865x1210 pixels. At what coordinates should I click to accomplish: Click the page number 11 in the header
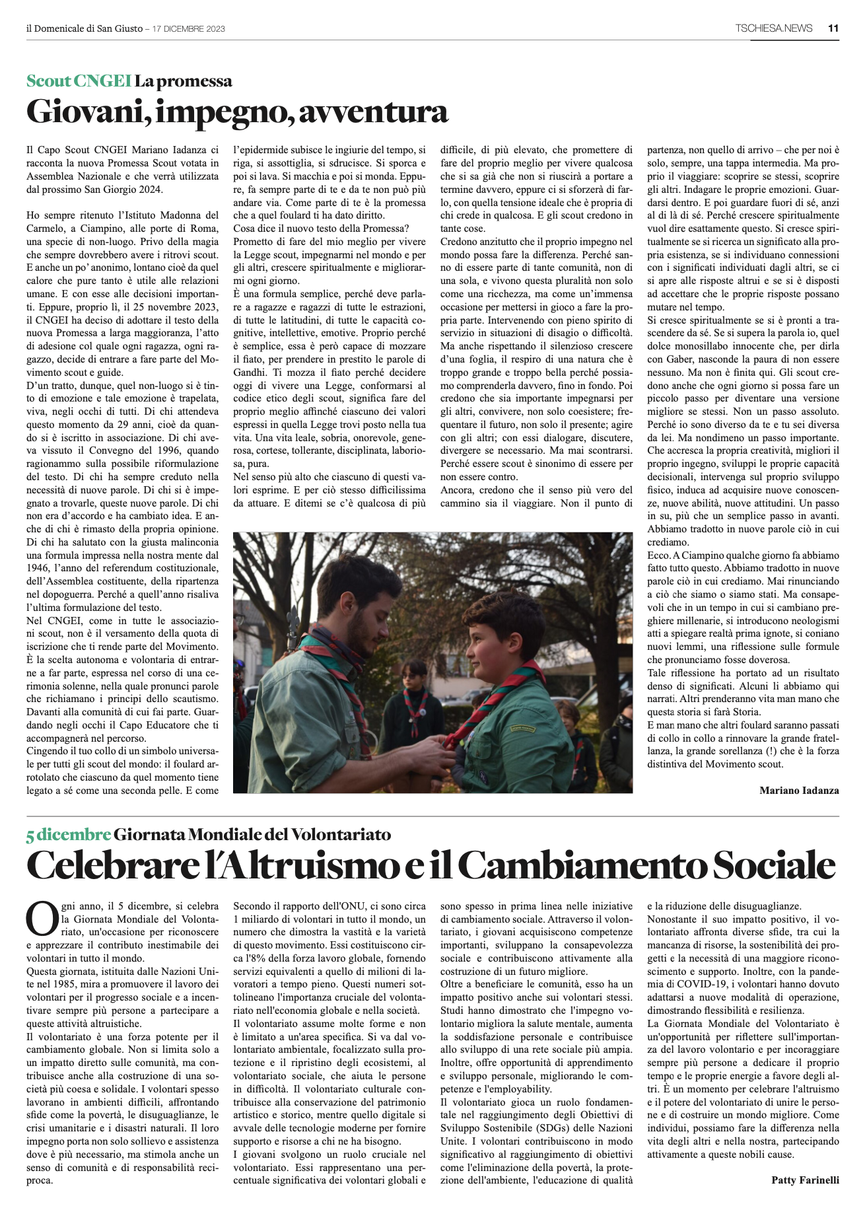833,28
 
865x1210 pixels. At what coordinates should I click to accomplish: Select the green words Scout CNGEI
79,81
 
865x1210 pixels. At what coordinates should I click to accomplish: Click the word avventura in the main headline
374,112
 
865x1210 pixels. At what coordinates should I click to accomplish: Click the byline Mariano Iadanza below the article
799,790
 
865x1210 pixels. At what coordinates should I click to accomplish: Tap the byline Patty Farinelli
805,1180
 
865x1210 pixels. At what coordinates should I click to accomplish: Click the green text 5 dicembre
68,835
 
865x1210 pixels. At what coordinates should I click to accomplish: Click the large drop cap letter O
42,919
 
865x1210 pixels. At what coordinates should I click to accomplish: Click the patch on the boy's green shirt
521,728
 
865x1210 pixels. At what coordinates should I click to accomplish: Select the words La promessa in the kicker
184,81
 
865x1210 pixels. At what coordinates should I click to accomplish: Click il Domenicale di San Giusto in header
84,28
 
